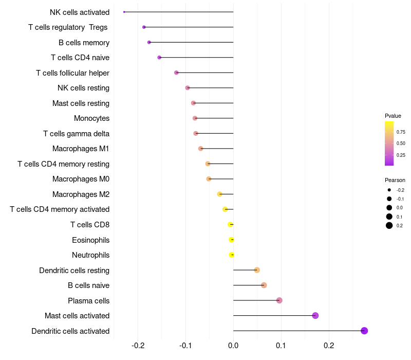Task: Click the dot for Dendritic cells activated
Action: click(x=364, y=331)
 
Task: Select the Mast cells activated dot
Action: click(x=315, y=316)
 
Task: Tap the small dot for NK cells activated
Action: click(x=124, y=12)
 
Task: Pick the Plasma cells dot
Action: click(x=279, y=300)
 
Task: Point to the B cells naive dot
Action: click(x=264, y=285)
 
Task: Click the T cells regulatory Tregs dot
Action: click(x=144, y=27)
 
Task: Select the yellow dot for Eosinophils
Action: click(x=231, y=240)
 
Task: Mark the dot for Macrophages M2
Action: click(x=220, y=194)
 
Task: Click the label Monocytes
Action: click(x=91, y=118)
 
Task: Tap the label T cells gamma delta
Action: click(x=76, y=134)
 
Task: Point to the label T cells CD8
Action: click(x=90, y=225)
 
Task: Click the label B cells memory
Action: click(x=84, y=42)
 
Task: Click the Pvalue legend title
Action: click(x=393, y=116)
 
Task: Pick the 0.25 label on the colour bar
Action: click(x=401, y=155)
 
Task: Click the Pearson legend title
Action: click(x=395, y=180)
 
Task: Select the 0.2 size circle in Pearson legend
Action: click(x=389, y=225)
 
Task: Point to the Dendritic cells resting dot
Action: click(x=257, y=270)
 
